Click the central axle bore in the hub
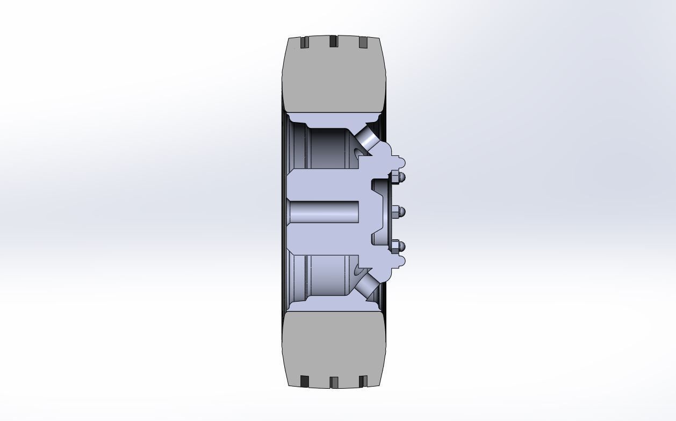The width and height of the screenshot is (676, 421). point(324,211)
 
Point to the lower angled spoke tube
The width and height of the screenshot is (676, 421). point(367,284)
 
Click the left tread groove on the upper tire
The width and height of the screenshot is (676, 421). point(305,42)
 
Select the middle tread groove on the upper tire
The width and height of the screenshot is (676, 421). point(333,41)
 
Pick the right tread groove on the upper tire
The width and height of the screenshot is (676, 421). point(362,42)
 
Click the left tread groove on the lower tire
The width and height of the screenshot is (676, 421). point(305,381)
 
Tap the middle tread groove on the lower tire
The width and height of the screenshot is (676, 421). point(334,382)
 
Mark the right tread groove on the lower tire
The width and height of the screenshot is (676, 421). point(363,381)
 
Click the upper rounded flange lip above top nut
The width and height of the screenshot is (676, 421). point(399,161)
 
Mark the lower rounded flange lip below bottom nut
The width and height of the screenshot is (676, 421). point(399,262)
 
